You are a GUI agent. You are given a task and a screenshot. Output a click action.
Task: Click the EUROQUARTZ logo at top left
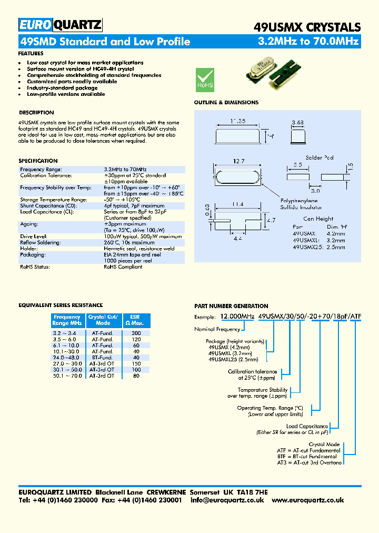click(60, 25)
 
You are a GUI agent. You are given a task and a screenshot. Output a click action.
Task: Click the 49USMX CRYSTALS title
click(307, 27)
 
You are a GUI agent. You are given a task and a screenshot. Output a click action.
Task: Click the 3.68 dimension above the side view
click(298, 123)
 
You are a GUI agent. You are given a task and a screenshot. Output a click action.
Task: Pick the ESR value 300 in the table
click(136, 333)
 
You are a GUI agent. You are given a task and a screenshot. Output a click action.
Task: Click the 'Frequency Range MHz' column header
click(67, 320)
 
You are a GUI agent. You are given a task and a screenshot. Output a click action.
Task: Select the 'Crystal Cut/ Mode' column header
click(103, 320)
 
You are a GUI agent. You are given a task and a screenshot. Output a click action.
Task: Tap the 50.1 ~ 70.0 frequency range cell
click(67, 376)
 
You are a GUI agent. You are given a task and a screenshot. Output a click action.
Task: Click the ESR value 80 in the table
click(136, 376)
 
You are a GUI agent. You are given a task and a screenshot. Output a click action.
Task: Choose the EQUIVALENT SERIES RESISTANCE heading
click(61, 305)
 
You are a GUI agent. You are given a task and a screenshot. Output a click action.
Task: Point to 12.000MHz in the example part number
click(236, 317)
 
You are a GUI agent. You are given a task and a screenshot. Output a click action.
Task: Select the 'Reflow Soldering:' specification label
click(40, 242)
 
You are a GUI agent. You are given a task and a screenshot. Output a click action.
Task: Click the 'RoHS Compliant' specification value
click(123, 267)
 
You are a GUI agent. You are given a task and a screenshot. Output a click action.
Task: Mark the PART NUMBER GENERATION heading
click(231, 306)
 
